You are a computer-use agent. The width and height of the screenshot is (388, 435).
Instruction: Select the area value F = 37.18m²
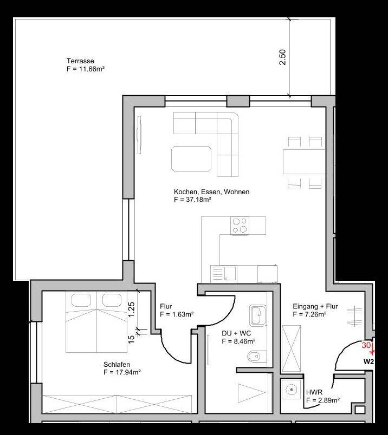192,200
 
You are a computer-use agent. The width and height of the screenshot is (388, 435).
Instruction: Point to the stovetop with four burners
240,225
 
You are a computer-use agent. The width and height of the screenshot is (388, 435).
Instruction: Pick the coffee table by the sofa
191,159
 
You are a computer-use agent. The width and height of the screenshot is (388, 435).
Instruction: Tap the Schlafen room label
118,365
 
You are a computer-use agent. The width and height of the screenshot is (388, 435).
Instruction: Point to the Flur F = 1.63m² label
177,311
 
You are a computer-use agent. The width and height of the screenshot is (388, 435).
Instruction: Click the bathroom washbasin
256,314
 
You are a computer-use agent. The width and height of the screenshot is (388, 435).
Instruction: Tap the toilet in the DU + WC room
255,356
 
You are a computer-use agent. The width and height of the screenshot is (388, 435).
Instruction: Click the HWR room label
314,393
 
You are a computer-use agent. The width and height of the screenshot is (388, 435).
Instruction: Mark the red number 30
366,345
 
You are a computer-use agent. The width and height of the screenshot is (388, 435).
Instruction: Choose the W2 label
368,361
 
